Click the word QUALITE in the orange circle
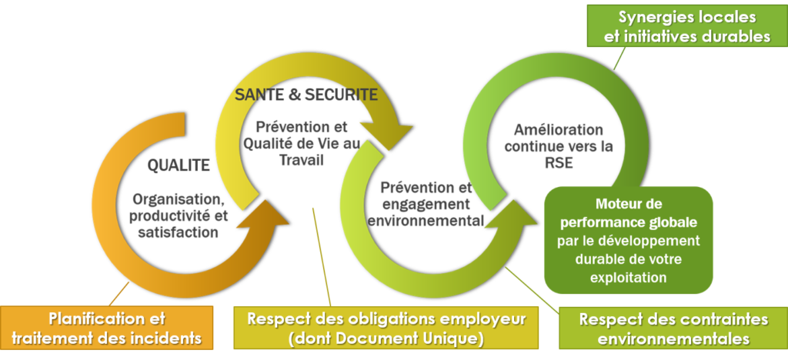pos(179,164)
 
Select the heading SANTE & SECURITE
pos(306,95)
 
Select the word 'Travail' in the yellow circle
pos(302,161)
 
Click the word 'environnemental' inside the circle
pos(426,222)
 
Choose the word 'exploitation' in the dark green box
pos(629,275)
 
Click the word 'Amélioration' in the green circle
pos(557,129)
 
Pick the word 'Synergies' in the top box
pos(654,16)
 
